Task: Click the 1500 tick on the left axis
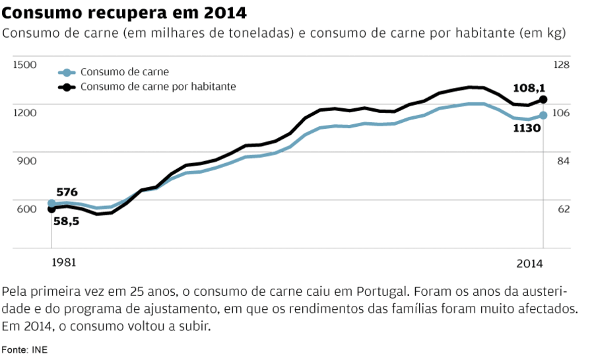click(x=25, y=65)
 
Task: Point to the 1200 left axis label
click(x=25, y=113)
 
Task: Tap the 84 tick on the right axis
click(x=562, y=161)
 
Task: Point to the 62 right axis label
click(x=562, y=209)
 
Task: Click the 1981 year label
click(x=64, y=262)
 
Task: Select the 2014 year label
click(x=529, y=264)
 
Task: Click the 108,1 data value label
click(x=529, y=88)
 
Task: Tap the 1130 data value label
click(x=527, y=127)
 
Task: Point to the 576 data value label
click(x=67, y=192)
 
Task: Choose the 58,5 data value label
click(x=67, y=222)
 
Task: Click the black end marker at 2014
click(x=543, y=100)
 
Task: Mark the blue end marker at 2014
click(x=543, y=116)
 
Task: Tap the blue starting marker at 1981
click(x=51, y=203)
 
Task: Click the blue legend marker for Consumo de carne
click(x=66, y=73)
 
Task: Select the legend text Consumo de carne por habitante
click(x=158, y=87)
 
